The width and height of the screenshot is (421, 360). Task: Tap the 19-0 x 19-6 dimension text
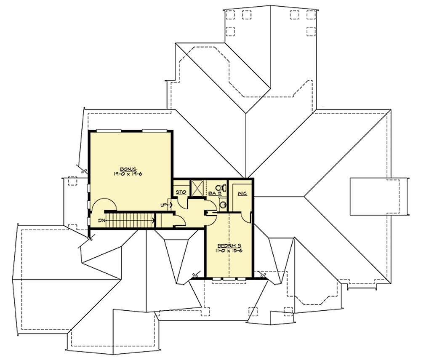tap(125, 173)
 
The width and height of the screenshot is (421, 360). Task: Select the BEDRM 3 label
tap(229, 245)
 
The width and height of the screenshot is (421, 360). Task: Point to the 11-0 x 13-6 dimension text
tap(229, 251)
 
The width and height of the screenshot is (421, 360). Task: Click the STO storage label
tap(181, 192)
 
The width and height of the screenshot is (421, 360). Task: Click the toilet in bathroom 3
tap(219, 188)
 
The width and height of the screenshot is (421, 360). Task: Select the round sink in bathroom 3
tap(223, 205)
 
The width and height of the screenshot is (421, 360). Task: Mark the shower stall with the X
tap(197, 187)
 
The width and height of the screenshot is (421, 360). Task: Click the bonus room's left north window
tap(109, 131)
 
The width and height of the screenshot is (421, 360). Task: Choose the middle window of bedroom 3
tap(229, 278)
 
